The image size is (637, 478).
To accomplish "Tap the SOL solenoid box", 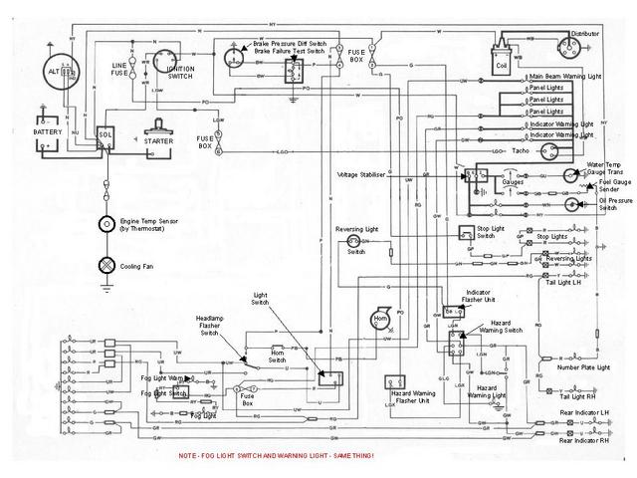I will point(106,134).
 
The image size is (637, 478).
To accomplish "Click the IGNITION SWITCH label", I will point(180,72).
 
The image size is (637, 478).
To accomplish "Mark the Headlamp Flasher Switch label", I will point(212,325).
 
